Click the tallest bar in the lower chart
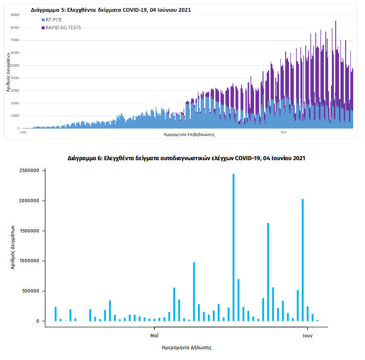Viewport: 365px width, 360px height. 233,246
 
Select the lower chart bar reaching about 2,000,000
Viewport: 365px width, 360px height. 303,260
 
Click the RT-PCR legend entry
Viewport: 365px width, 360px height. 52,20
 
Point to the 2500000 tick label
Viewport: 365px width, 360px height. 30,171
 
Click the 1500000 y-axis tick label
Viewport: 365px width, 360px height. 30,231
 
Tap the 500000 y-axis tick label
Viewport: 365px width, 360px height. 31,291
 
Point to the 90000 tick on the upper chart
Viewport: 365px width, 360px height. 15,15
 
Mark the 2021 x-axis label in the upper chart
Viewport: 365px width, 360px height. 283,132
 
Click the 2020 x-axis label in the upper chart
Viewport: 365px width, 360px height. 23,132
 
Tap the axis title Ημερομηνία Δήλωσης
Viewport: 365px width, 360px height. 186,347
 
